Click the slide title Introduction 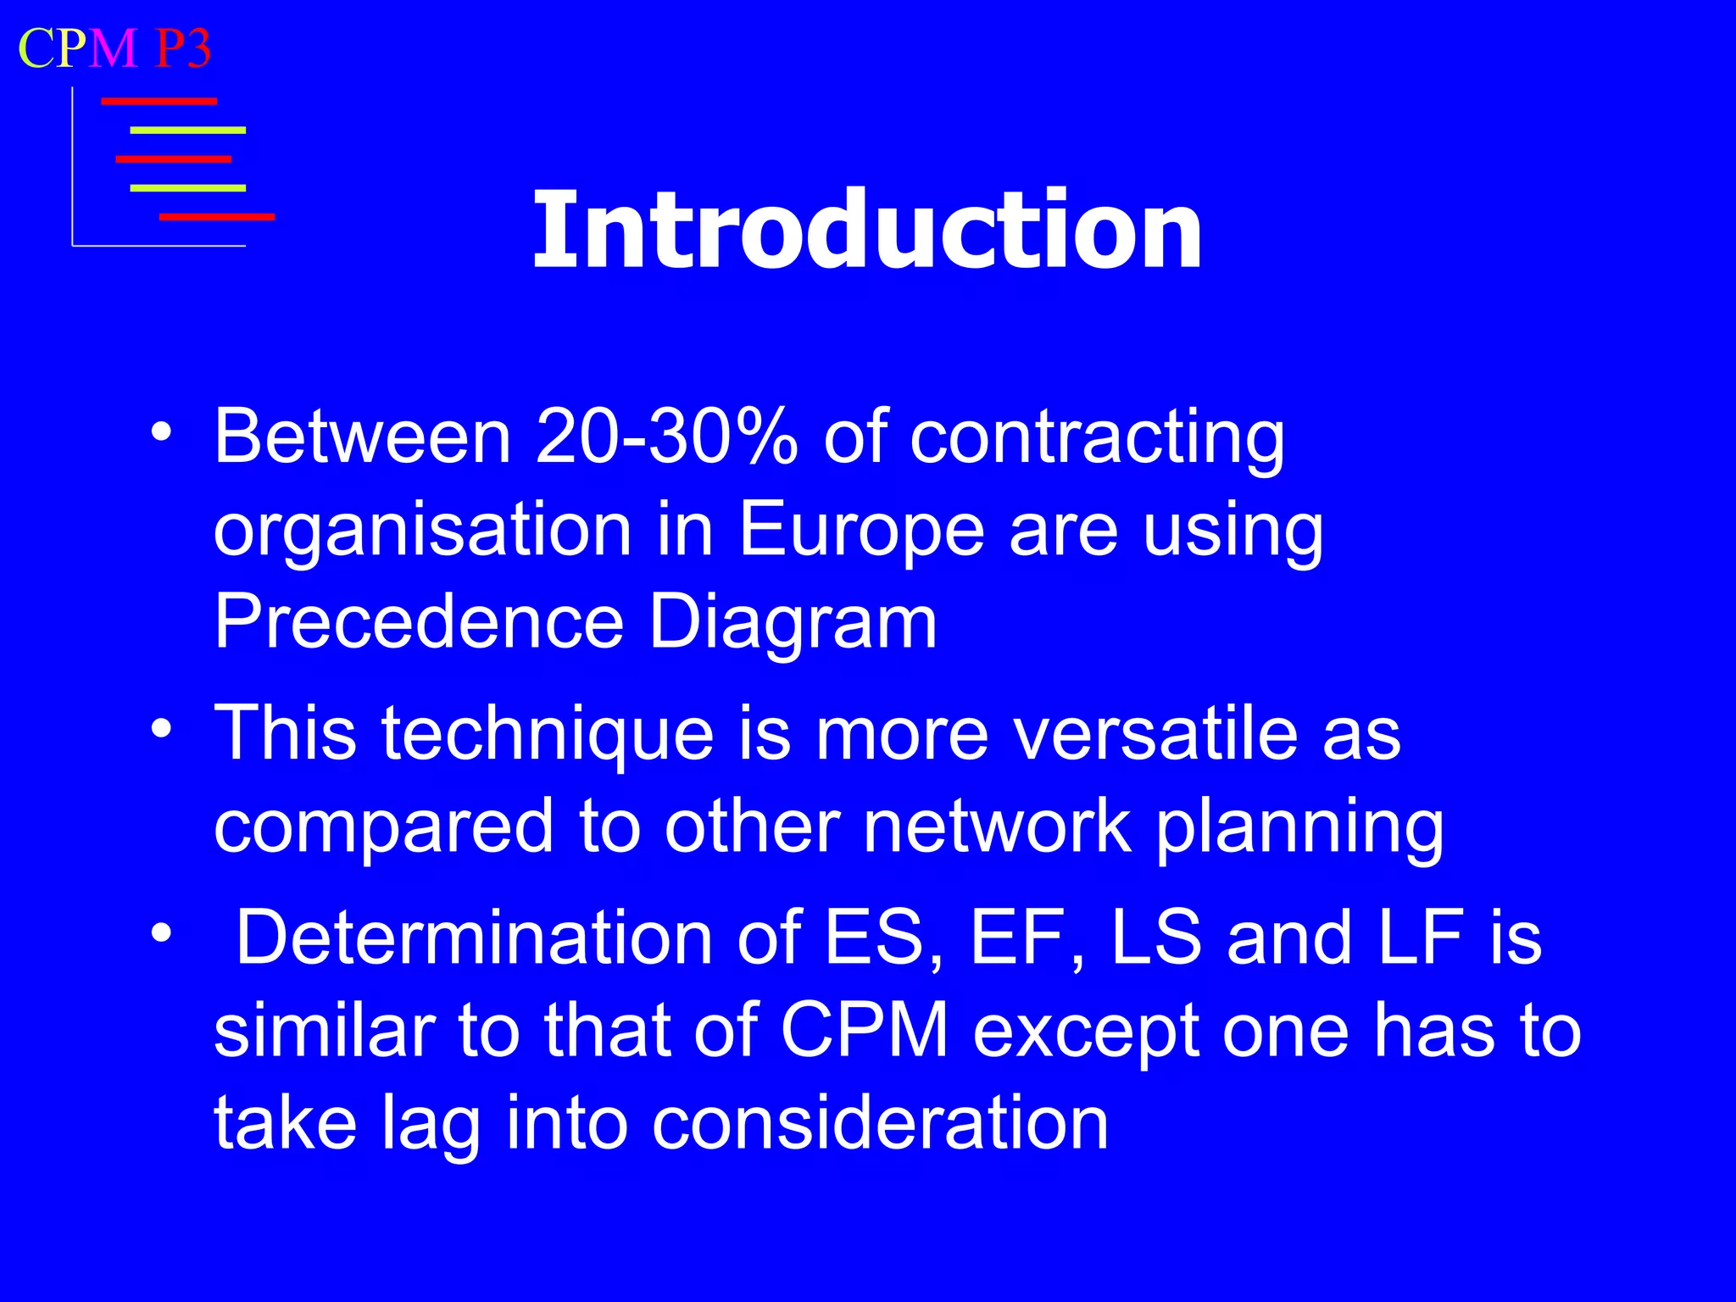(x=866, y=231)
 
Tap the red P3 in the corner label (x=182, y=48)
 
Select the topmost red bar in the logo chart (x=159, y=102)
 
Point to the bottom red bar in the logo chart (x=217, y=217)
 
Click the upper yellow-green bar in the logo (x=187, y=131)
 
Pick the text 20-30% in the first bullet (x=666, y=437)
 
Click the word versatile (x=1155, y=733)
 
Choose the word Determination (x=474, y=938)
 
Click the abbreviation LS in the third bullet (x=1156, y=938)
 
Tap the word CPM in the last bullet (x=864, y=1031)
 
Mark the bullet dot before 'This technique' (x=161, y=729)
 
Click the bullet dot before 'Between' (x=161, y=433)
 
